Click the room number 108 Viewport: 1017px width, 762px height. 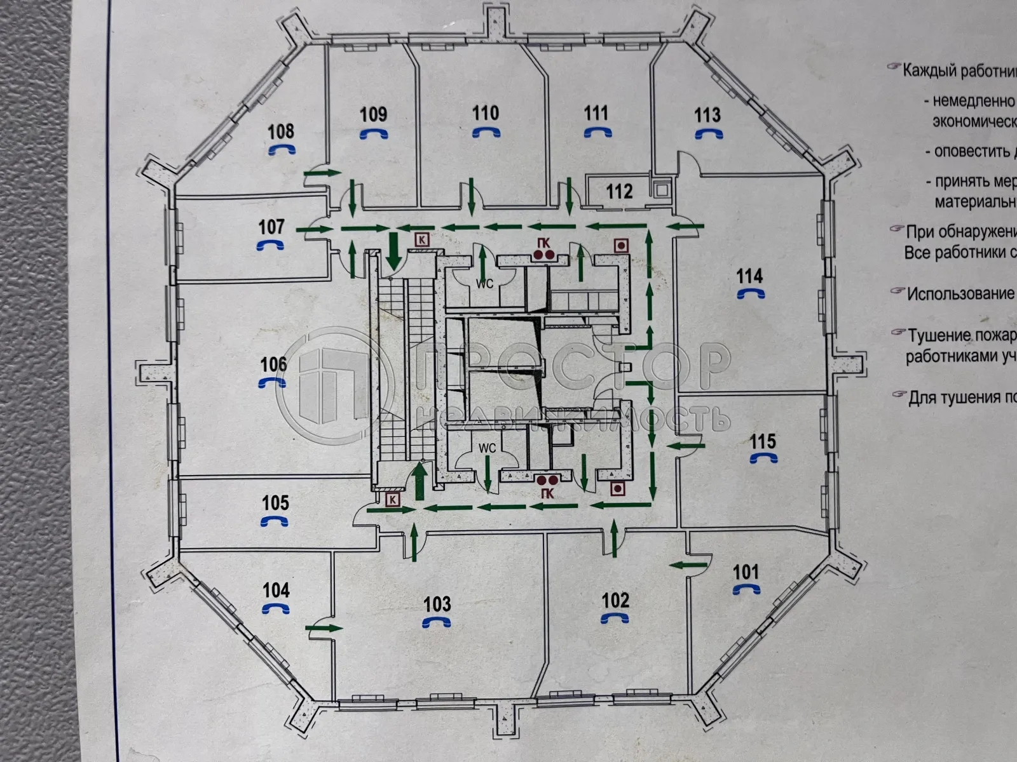(280, 131)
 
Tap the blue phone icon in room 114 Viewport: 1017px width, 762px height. (751, 293)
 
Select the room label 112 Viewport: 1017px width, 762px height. (619, 191)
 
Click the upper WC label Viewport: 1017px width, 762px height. (485, 284)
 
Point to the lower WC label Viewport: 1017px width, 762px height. (487, 448)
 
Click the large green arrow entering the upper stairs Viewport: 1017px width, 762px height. (393, 250)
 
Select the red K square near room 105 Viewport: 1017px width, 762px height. (392, 500)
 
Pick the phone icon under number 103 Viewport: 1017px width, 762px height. (437, 623)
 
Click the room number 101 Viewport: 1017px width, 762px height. (746, 572)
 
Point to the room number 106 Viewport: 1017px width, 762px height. (273, 364)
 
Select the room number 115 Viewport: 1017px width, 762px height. (763, 441)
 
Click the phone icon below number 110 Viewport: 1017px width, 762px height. (486, 132)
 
